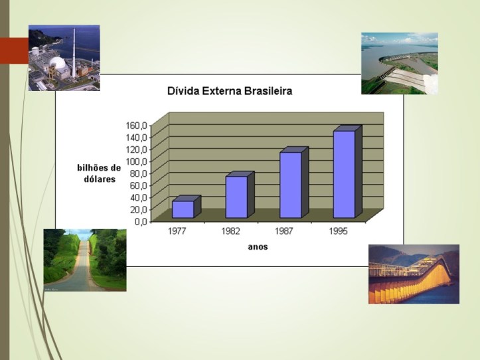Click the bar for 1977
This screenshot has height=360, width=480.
(x=183, y=209)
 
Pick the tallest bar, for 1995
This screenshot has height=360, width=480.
(x=345, y=174)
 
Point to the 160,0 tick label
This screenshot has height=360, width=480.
(x=135, y=125)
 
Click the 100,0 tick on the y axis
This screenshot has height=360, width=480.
(x=135, y=161)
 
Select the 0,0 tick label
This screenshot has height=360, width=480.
(x=139, y=221)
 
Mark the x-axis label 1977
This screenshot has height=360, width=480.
(x=177, y=232)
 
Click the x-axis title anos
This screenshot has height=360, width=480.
(x=258, y=247)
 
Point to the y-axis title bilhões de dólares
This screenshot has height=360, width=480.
(x=99, y=173)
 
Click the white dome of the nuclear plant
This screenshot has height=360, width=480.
(x=59, y=65)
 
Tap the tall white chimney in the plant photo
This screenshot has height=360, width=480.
(x=74, y=46)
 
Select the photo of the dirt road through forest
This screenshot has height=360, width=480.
(x=84, y=260)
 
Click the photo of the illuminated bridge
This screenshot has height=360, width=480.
(x=414, y=274)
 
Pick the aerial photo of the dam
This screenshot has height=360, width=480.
(x=399, y=63)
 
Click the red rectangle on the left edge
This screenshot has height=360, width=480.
(x=14, y=50)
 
